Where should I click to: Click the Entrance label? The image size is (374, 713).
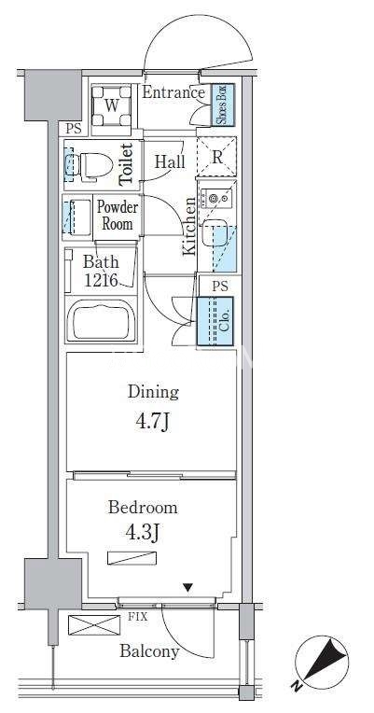[173, 92]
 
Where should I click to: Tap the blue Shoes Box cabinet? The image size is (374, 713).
[225, 105]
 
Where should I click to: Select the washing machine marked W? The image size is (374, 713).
[112, 106]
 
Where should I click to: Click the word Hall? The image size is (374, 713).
[170, 161]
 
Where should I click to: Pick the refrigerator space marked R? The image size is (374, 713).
[216, 157]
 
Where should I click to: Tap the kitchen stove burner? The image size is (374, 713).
[214, 198]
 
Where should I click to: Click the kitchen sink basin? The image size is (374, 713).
[215, 232]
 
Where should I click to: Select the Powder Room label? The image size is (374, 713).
[118, 216]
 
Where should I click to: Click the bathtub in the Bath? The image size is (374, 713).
[101, 319]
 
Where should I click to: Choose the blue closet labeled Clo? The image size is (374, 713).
[215, 321]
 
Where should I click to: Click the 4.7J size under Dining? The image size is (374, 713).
[152, 422]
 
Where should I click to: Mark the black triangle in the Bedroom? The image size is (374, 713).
[188, 588]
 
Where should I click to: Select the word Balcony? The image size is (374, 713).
[149, 651]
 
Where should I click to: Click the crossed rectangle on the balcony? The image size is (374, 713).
[94, 624]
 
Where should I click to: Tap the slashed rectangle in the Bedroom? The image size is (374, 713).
[132, 558]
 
